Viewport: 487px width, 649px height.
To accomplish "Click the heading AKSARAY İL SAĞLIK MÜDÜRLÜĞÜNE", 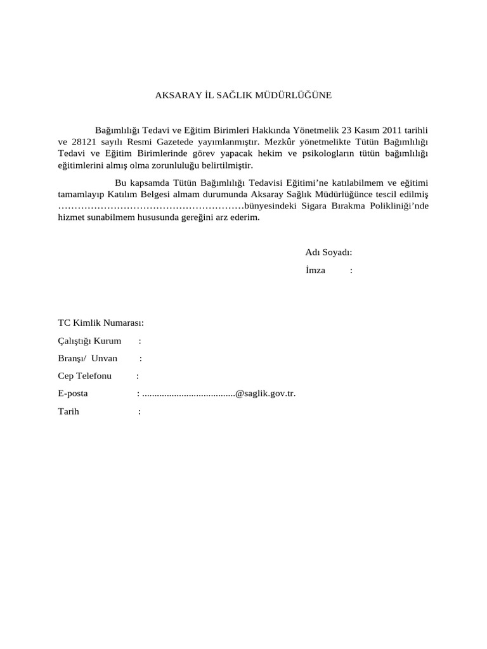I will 243,96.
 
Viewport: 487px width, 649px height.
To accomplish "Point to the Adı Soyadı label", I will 328,252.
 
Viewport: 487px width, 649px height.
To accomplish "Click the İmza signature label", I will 315,270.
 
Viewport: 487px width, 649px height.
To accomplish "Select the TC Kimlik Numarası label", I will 101,323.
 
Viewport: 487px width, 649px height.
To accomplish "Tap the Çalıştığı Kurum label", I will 89,341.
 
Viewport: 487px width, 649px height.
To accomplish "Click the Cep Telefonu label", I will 85,376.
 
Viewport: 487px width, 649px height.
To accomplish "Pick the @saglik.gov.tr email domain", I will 265,394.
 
